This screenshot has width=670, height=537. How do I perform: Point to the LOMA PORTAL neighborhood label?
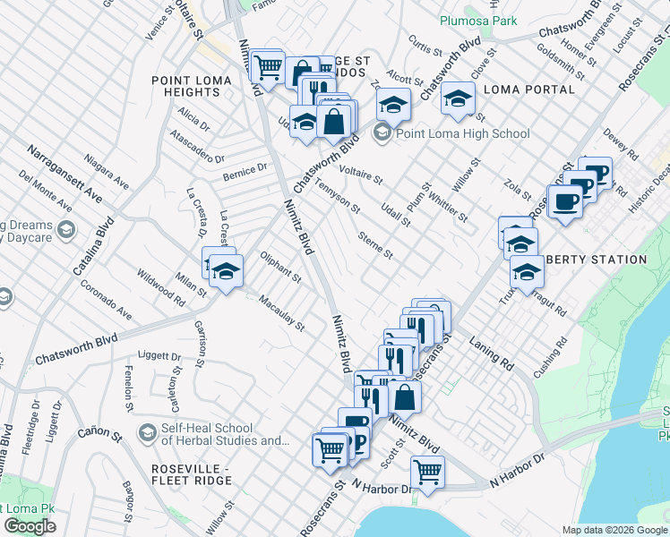[528, 89]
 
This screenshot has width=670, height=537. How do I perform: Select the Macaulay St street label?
[282, 311]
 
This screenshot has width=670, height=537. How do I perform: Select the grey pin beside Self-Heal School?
[146, 433]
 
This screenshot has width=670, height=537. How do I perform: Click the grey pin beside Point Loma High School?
[382, 133]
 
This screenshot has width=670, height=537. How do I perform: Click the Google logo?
[30, 526]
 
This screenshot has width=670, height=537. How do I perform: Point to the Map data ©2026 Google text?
[614, 530]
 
